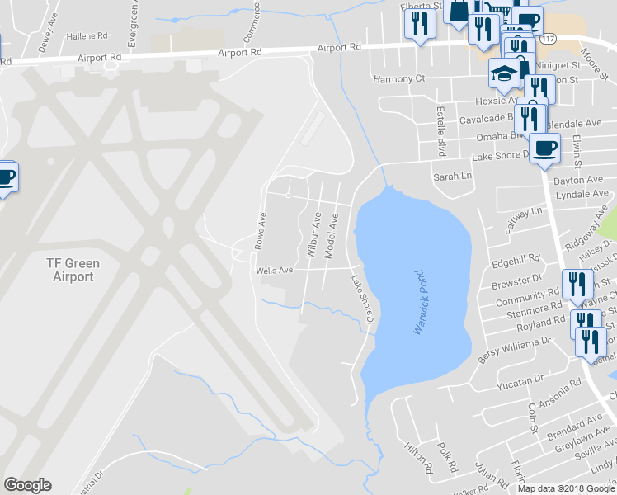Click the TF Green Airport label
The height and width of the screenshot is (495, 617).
[x=73, y=271]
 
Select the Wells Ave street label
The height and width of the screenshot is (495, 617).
[x=275, y=270]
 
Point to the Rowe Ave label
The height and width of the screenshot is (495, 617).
[x=261, y=232]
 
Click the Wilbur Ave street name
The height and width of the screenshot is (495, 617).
[x=314, y=235]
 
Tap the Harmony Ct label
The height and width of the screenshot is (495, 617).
[x=398, y=79]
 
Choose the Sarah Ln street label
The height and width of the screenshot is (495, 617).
[x=452, y=176]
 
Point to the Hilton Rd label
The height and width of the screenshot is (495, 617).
[x=419, y=457]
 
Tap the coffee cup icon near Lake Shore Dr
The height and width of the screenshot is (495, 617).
[x=544, y=148]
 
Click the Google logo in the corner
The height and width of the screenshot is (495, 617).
[x=27, y=485]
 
